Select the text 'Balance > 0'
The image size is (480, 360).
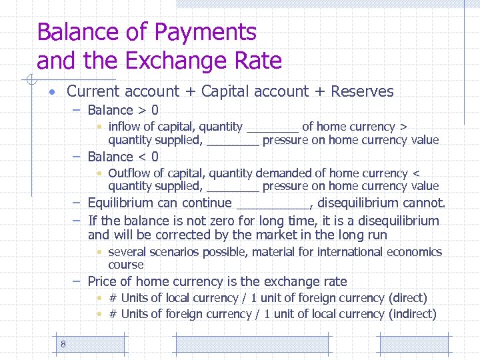123,110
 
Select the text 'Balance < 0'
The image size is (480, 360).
123,157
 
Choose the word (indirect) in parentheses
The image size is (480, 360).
413,314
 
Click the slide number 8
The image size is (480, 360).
63,344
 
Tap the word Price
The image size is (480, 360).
103,282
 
